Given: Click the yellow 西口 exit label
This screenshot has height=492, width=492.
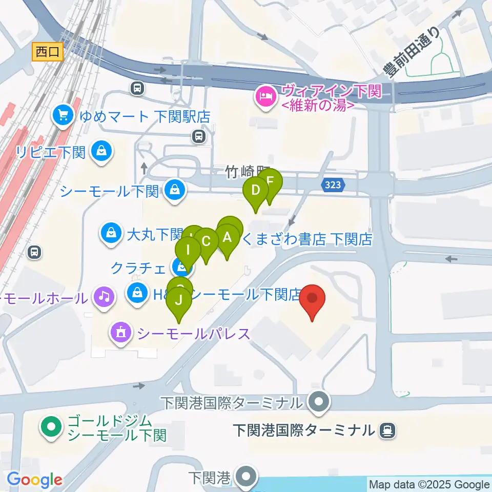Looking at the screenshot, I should (48, 52).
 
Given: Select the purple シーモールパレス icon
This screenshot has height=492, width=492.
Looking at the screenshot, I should (120, 333).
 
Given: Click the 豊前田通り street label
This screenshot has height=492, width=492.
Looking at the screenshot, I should (413, 51).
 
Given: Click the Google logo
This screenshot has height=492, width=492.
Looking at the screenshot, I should (35, 480).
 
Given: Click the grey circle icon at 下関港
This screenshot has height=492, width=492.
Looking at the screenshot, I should (247, 476).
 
